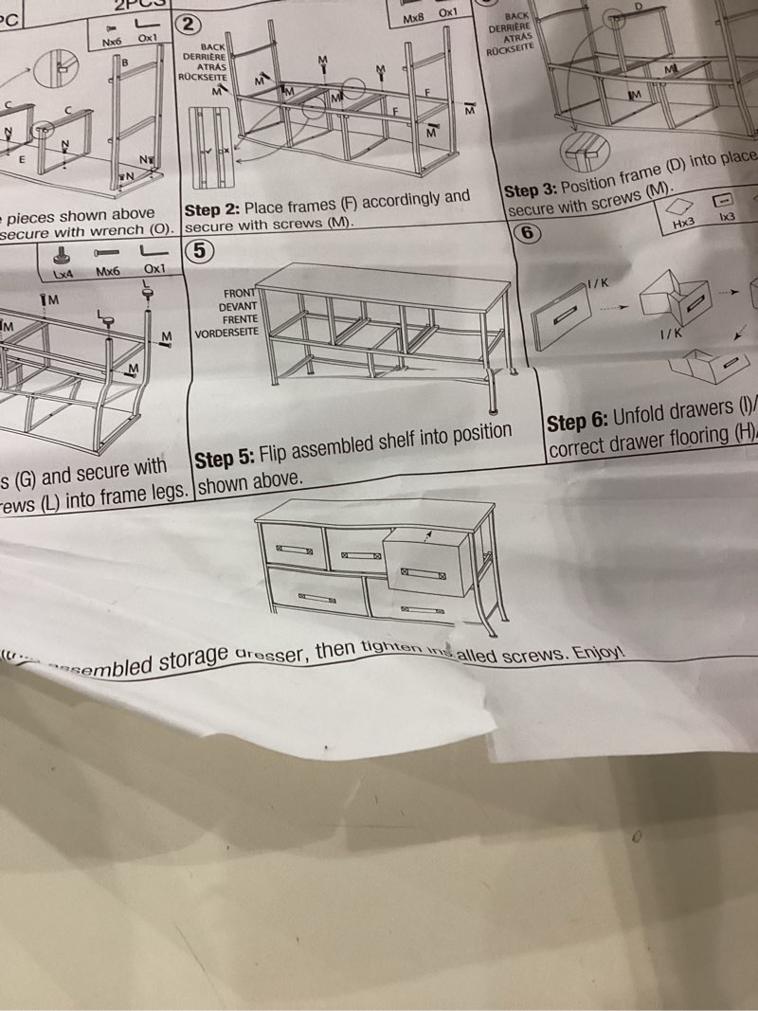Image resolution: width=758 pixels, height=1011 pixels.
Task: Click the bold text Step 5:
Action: [x=225, y=459]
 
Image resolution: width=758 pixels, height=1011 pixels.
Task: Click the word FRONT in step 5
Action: [x=240, y=294]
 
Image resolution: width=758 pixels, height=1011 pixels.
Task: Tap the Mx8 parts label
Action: [x=414, y=18]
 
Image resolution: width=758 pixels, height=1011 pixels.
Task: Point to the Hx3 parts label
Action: [x=683, y=224]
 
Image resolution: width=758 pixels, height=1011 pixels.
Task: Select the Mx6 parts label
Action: [x=108, y=272]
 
